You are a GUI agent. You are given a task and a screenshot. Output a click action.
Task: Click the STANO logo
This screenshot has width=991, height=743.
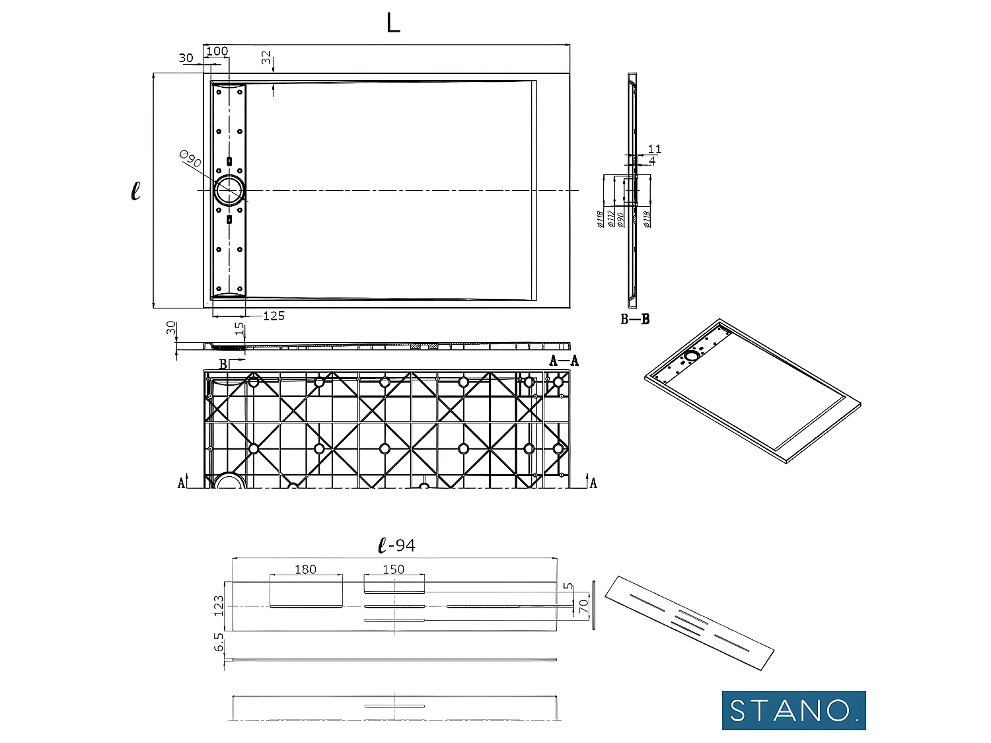coord(793,710)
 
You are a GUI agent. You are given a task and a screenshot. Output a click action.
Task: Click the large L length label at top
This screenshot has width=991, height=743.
coord(393,23)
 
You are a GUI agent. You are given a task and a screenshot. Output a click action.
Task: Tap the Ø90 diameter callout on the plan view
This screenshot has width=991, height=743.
coord(190,159)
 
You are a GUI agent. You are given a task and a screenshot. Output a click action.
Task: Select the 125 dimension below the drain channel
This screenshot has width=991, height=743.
coord(274,316)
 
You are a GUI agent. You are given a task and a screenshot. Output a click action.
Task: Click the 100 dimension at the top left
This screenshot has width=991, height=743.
coord(217,51)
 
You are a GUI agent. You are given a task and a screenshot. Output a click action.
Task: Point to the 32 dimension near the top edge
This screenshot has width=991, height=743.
coord(266,57)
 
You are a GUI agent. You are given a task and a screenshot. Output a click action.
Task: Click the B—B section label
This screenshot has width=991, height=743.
coord(635,319)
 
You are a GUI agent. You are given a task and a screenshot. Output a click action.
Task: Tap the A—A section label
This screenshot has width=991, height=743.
coord(564,361)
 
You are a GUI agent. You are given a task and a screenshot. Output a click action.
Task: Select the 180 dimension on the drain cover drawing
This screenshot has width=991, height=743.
coord(305,569)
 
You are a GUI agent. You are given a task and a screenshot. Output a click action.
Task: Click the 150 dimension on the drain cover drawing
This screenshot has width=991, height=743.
coord(393,569)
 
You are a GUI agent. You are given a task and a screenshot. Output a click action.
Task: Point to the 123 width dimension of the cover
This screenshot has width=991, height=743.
coord(219,606)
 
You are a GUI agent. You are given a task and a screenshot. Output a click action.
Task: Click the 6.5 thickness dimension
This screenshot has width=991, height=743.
coord(219,642)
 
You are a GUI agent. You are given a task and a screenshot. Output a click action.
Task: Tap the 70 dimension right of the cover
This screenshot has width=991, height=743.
coord(583,606)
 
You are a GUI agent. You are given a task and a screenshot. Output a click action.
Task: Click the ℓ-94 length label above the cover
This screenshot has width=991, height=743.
coord(396,546)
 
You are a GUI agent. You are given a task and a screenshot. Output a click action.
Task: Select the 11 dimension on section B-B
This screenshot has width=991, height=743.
coord(654,149)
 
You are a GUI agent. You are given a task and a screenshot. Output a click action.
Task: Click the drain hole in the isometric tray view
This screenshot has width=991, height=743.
coord(691,356)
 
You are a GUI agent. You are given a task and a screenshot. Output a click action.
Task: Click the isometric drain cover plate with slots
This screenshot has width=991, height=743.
coord(689,622)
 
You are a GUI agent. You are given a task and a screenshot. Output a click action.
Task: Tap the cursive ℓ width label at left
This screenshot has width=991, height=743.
coord(135,191)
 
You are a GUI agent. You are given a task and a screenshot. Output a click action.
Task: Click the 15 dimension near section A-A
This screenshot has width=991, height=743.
coord(239,328)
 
